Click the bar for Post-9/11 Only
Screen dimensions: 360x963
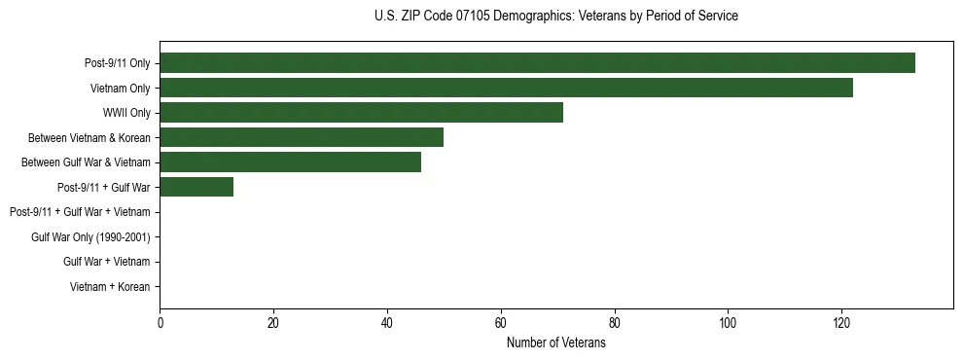537,63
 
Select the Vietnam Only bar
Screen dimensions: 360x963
506,88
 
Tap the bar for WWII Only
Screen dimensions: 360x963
361,113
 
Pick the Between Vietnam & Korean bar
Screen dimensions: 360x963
302,137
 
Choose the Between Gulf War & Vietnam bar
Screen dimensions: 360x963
290,162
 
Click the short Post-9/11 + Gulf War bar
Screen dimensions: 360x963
196,187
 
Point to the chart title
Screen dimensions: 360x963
555,17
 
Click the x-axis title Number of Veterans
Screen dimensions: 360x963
555,343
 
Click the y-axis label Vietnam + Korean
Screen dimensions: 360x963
110,287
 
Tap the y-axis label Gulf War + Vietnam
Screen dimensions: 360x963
106,262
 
